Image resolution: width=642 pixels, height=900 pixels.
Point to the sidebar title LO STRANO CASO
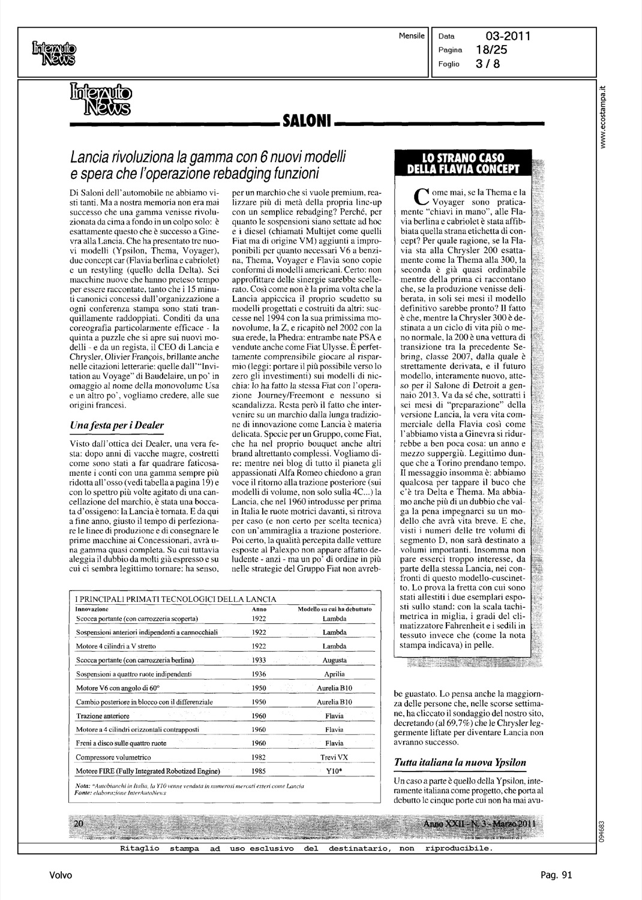click(463, 159)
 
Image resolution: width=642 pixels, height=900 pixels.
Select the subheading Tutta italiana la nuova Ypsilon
click(460, 763)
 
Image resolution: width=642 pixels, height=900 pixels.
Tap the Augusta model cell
click(334, 660)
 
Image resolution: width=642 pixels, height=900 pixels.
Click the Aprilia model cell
click(334, 674)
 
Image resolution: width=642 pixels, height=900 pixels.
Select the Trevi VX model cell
click(334, 757)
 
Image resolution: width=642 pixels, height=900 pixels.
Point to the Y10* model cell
click(334, 771)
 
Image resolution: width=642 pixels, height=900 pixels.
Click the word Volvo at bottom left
click(61, 875)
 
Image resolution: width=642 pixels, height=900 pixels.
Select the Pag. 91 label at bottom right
click(556, 875)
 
